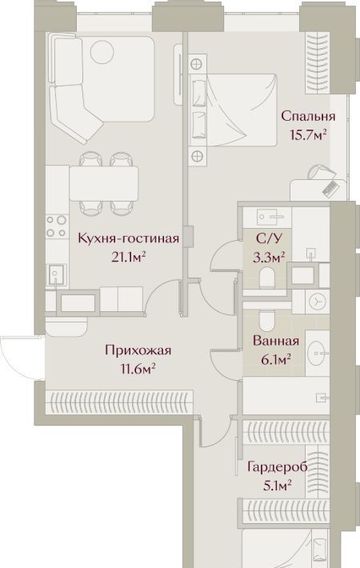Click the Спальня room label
pos(308,117)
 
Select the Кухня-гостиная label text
pos(129,238)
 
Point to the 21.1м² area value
pos(129,258)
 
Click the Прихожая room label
pos(138,350)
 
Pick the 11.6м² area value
pos(138,369)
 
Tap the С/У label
pos(269,238)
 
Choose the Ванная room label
pos(276,341)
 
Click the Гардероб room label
pos(278,467)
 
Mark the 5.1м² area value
pos(278,486)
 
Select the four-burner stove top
pos(57,226)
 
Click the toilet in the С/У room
pos(268,277)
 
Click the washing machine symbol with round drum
pos(318,301)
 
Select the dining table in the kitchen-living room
pos(104,183)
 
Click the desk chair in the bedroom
pos(319,172)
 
